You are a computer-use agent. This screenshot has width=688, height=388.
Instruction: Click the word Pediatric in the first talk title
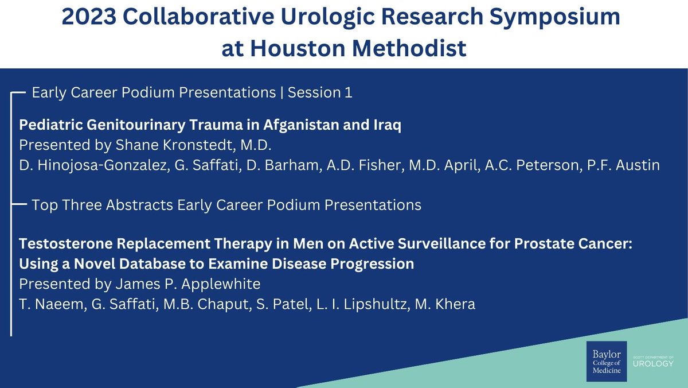(x=47, y=125)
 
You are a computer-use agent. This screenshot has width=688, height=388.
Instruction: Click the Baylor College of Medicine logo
(x=606, y=361)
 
